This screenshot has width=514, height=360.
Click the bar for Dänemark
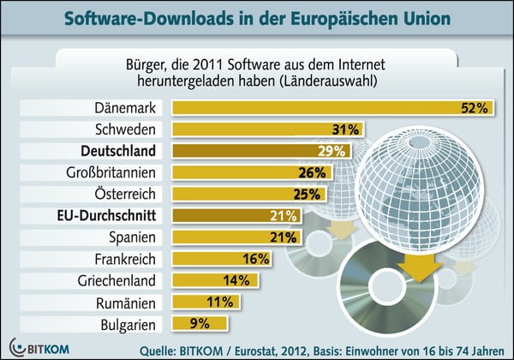(x=326, y=109)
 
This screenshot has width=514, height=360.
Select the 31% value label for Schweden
(x=344, y=130)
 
